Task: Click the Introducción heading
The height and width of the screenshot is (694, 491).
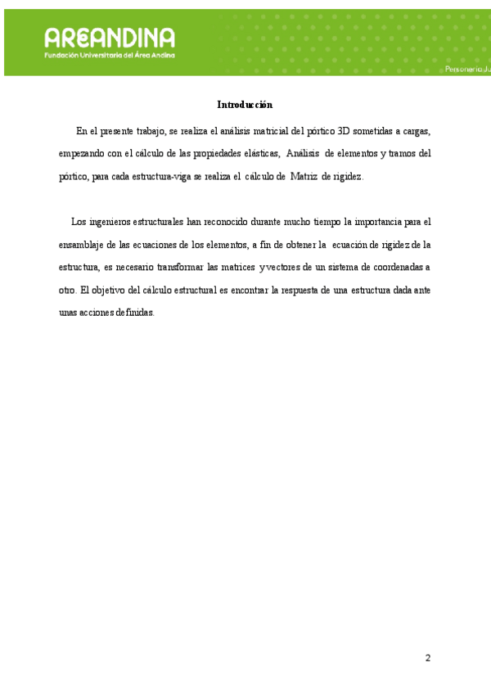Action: (x=244, y=105)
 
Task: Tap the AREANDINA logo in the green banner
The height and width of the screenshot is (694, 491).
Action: (x=110, y=38)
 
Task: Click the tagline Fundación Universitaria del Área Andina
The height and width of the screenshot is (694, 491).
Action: (x=110, y=55)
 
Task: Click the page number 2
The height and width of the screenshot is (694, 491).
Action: (x=427, y=658)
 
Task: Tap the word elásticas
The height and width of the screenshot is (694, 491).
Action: (x=259, y=153)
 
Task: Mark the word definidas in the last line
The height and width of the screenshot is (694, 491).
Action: (x=133, y=313)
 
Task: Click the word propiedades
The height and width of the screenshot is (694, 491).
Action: (x=201, y=153)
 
